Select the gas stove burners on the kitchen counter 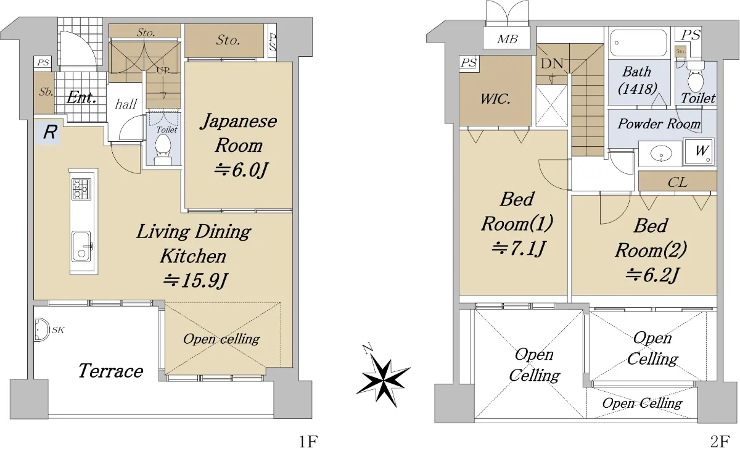click(x=81, y=189)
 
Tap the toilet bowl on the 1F click(x=163, y=150)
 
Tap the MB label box click(x=507, y=38)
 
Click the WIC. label click(x=495, y=99)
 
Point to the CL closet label click(x=678, y=182)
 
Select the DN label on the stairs click(x=552, y=63)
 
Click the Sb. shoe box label click(x=46, y=91)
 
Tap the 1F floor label click(x=308, y=442)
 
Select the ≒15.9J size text click(x=195, y=281)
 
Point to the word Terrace click(x=110, y=370)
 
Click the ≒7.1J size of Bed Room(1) click(x=517, y=248)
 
